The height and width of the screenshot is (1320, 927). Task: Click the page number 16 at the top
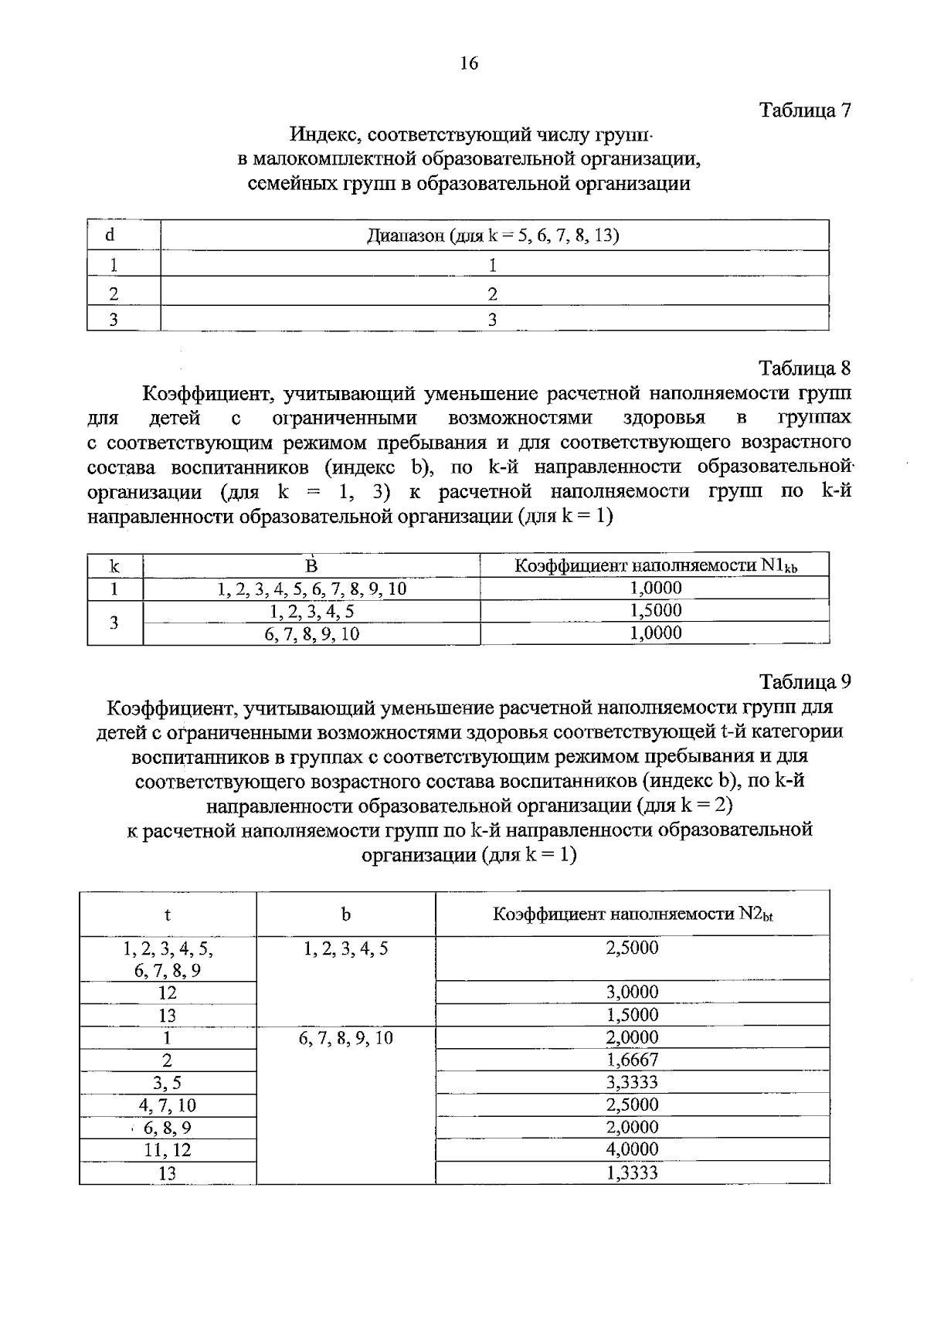[469, 64]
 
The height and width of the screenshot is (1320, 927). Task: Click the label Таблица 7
[805, 110]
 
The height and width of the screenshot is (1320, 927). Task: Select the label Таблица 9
[805, 682]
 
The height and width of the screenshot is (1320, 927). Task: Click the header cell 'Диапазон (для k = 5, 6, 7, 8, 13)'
[493, 236]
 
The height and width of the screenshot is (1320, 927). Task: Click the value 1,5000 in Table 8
[656, 611]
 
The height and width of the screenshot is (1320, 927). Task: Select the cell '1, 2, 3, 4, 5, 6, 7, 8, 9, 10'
[311, 589]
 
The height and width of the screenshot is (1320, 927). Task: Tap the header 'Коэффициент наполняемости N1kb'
[656, 565]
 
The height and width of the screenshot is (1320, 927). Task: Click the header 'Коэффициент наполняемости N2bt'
[633, 914]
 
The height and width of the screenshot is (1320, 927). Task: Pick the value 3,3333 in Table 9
[633, 1082]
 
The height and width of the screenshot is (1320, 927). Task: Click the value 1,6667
[633, 1060]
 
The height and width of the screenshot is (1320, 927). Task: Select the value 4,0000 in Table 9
[633, 1149]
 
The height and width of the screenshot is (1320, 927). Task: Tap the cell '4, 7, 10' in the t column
[168, 1105]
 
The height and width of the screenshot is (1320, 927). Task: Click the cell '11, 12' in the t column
[168, 1150]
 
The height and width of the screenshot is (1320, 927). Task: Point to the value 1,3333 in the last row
[633, 1173]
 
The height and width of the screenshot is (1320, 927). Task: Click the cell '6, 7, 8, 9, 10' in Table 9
[346, 1038]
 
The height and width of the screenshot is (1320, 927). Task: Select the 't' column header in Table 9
[168, 915]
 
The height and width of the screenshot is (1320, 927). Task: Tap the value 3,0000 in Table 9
[633, 993]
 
